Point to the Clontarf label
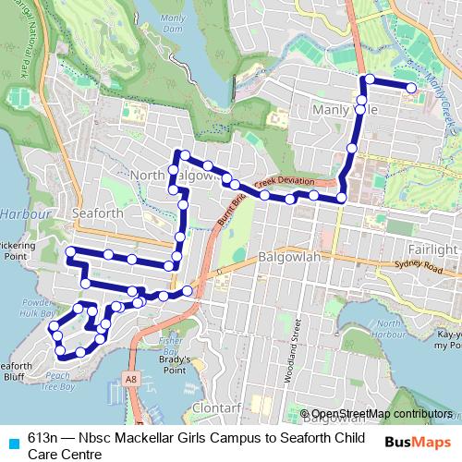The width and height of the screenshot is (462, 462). point(218,407)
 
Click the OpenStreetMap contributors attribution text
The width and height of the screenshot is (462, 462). point(379,414)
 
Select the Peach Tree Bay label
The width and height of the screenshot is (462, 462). point(58,381)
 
